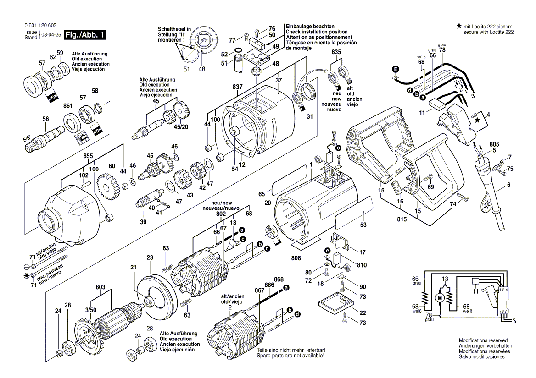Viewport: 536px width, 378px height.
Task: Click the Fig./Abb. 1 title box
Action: (85, 35)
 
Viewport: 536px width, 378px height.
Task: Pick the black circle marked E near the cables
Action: (396, 70)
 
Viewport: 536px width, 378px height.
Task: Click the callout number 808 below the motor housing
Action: (296, 258)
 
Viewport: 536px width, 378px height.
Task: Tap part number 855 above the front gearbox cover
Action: (89, 156)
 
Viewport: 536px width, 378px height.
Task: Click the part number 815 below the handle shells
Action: (402, 219)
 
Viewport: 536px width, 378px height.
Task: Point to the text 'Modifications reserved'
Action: (483, 340)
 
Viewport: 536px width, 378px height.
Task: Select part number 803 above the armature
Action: (101, 287)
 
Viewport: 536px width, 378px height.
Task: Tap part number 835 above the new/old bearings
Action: (336, 53)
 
